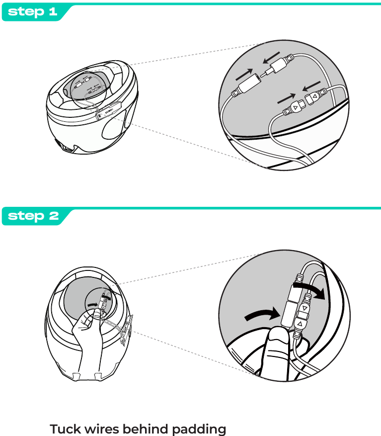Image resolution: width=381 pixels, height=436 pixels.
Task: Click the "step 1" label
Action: pyautogui.click(x=32, y=11)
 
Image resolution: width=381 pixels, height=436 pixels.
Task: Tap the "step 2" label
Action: pyautogui.click(x=33, y=216)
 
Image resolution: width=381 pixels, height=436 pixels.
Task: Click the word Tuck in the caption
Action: pyautogui.click(x=65, y=429)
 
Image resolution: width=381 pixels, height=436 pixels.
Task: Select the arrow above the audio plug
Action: pyautogui.click(x=272, y=58)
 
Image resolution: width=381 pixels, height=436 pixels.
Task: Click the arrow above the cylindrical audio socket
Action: pyautogui.click(x=244, y=75)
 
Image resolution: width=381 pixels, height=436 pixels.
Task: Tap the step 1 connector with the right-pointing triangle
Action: pyautogui.click(x=297, y=106)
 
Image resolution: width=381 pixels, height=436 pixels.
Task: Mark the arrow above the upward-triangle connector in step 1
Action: pyautogui.click(x=311, y=86)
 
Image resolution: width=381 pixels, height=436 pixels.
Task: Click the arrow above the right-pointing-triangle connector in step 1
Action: pyautogui.click(x=287, y=99)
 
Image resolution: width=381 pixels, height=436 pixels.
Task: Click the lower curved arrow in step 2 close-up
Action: pyautogui.click(x=263, y=314)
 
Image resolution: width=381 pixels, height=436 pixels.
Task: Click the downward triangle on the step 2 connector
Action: pyautogui.click(x=305, y=308)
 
